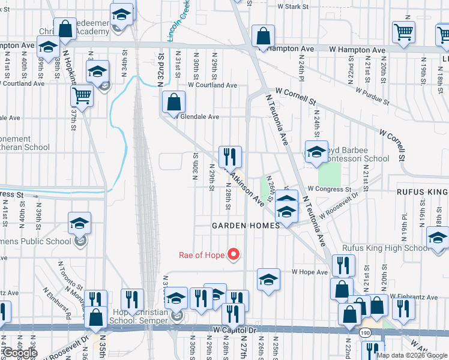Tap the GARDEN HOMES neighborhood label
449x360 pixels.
coord(246,226)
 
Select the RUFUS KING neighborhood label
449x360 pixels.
coord(421,192)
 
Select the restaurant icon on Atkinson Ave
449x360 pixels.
coord(230,157)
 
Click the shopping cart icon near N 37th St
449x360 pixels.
coord(82,95)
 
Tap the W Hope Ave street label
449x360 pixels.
coord(310,272)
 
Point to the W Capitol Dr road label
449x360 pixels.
coord(235,330)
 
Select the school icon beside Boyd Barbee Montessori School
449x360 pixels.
coord(316,152)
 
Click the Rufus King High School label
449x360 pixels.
coord(385,248)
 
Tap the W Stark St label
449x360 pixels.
coord(292,7)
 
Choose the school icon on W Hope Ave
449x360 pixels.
coord(269,279)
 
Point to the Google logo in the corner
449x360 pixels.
coord(20,353)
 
